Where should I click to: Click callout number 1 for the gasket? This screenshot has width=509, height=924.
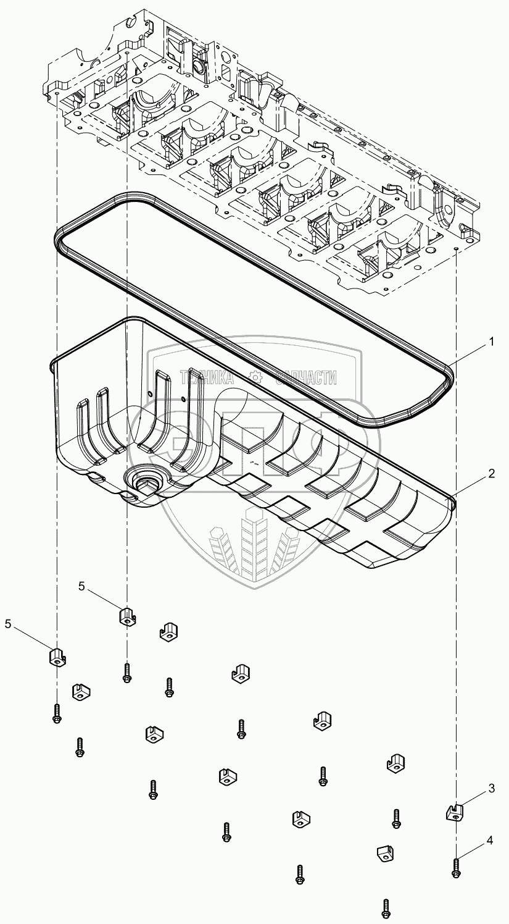click(x=491, y=342)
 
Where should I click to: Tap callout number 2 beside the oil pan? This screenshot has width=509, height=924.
click(x=491, y=474)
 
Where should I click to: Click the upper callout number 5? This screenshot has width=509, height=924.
click(x=81, y=586)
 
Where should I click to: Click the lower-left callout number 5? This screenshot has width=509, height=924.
click(x=8, y=624)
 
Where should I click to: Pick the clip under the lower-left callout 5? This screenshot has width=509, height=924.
click(x=58, y=657)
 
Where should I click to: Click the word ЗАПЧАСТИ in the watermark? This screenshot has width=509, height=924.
click(x=306, y=377)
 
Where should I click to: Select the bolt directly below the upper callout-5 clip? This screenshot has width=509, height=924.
click(x=127, y=673)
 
